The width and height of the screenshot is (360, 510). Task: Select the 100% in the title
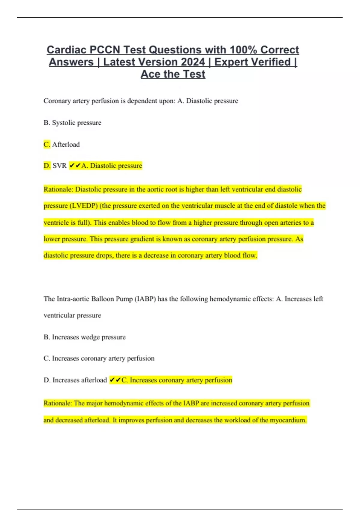coord(243,49)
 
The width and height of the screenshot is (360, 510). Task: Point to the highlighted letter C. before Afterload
coord(47,144)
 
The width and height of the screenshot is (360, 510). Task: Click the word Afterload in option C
coord(66,144)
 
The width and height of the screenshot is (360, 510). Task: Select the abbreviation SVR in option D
coord(60,166)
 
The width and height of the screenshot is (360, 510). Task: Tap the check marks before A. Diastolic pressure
coord(75,166)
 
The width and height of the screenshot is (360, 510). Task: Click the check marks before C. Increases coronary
coord(115,380)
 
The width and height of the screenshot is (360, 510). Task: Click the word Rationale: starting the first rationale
coord(58,189)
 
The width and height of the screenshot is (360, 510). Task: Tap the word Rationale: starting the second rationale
coord(58,403)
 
